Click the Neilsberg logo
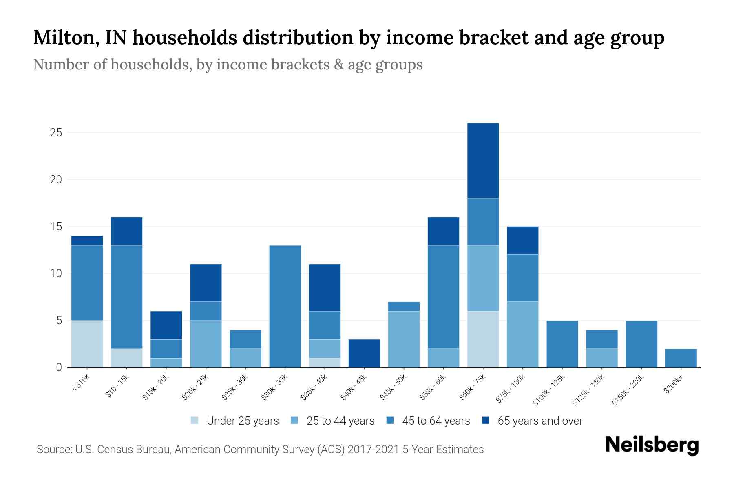[652, 445]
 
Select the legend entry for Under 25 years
[242, 421]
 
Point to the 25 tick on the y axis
[56, 133]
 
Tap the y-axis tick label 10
[56, 274]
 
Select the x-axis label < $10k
[81, 383]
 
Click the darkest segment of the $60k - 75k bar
[483, 160]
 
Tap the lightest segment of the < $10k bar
[87, 344]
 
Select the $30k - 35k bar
[285, 306]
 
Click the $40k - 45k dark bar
[364, 353]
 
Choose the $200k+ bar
[681, 358]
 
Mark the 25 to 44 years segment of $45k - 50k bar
[404, 339]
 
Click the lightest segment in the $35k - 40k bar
[325, 363]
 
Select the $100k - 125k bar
[562, 344]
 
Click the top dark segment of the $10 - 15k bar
[126, 231]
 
